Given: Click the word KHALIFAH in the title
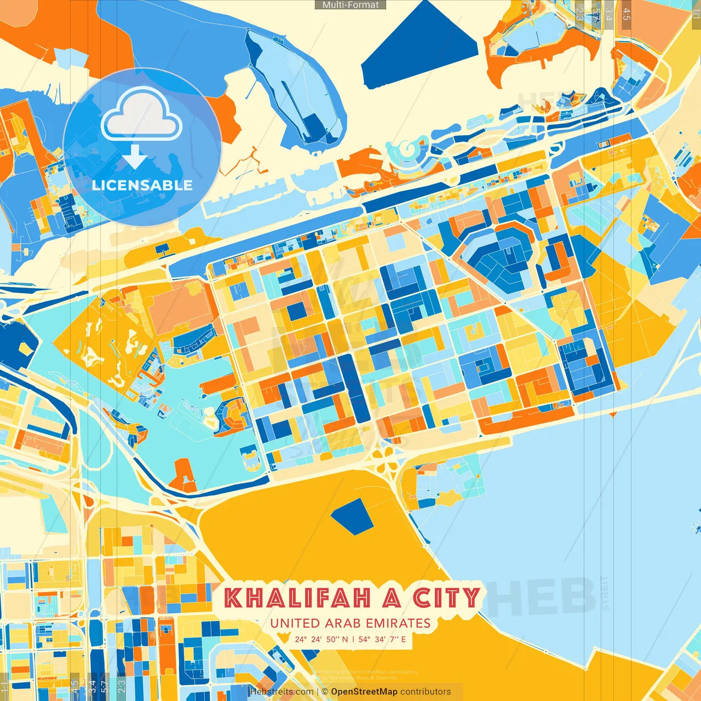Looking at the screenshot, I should point(297,598).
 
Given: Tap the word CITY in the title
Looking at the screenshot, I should point(446,598).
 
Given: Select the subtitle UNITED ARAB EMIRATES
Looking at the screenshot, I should point(350,623).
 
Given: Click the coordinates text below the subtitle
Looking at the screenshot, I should point(350,639).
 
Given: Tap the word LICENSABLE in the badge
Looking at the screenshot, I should point(142,185).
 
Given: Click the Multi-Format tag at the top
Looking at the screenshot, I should point(350,5).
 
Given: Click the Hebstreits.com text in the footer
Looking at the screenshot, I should point(281,692).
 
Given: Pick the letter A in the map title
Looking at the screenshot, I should point(392,598).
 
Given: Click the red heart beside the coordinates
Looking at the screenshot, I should point(284,639).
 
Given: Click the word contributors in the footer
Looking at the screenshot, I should point(425,692).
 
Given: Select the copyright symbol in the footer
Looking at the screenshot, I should point(325,692).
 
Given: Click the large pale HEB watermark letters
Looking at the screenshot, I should point(539,597).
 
